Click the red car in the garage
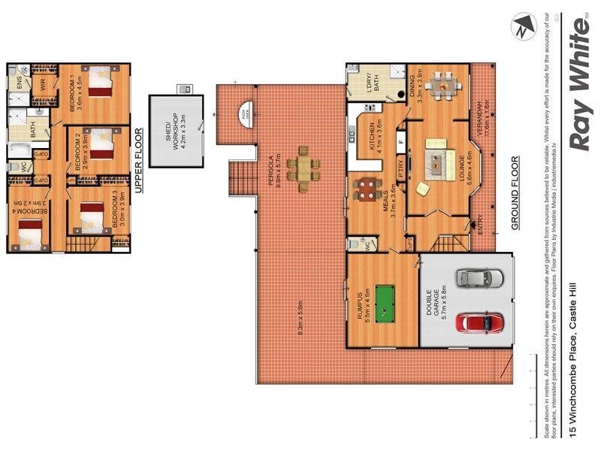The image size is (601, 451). point(478,322)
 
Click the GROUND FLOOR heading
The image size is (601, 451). point(516,193)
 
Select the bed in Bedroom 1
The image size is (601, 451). point(100,82)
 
